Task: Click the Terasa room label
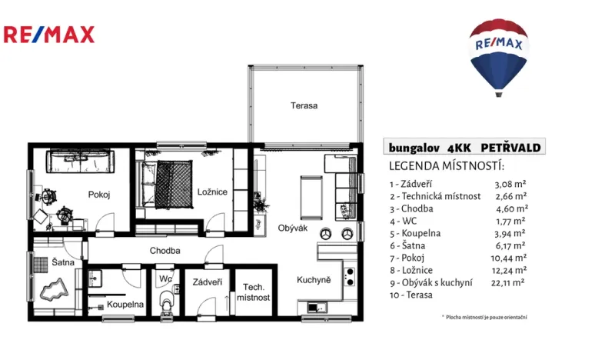(x=304, y=105)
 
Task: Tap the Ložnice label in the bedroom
(x=211, y=192)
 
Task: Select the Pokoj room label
(x=99, y=195)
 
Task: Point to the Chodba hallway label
(x=165, y=250)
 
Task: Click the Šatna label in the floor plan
(x=63, y=262)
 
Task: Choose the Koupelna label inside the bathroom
(x=125, y=304)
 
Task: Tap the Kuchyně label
(x=314, y=280)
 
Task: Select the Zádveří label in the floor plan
(x=208, y=282)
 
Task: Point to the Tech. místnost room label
(x=252, y=292)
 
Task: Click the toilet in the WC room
(x=165, y=304)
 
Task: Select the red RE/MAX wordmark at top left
(x=49, y=34)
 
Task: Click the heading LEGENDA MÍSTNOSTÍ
(x=446, y=166)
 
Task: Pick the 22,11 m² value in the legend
(x=509, y=282)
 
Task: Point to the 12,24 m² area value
(x=509, y=270)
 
